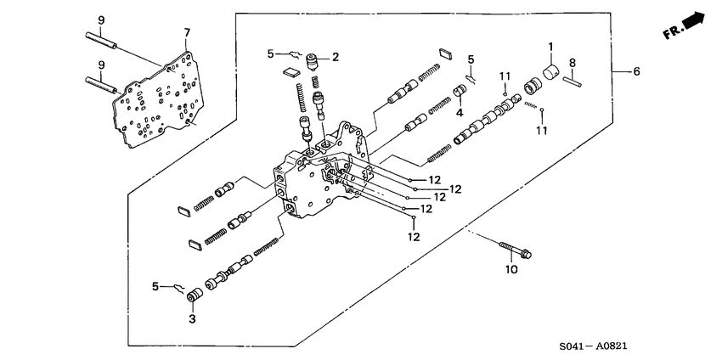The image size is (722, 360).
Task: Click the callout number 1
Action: tap(550, 47)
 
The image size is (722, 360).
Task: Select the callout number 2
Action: tap(336, 57)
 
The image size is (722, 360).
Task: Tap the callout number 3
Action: tap(192, 318)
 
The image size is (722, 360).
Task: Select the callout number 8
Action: tap(573, 63)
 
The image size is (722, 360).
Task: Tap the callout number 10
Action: tap(510, 270)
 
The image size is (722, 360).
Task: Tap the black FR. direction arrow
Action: tap(696, 20)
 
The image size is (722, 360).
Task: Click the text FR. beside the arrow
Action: tap(673, 32)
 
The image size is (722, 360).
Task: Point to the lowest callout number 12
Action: tap(414, 238)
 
